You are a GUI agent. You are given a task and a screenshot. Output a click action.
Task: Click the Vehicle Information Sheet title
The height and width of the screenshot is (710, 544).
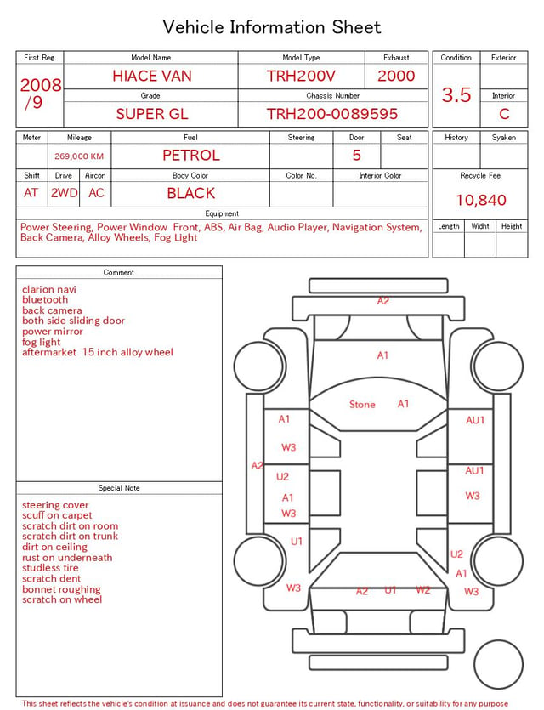click(x=271, y=27)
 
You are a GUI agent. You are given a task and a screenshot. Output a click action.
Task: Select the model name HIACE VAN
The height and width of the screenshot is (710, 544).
click(x=152, y=76)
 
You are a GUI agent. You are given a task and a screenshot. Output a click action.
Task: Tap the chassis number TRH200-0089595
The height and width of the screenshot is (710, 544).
click(x=332, y=114)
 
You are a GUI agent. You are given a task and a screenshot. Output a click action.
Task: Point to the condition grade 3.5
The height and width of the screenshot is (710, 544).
click(x=456, y=94)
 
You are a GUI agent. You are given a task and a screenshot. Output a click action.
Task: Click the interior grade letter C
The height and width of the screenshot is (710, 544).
click(x=504, y=114)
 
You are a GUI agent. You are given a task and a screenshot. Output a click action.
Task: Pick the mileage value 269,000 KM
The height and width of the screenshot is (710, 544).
click(x=79, y=156)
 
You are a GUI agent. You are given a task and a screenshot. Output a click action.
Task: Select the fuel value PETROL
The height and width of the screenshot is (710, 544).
click(x=191, y=156)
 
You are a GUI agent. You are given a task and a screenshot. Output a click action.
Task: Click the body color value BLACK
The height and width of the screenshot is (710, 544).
click(x=191, y=193)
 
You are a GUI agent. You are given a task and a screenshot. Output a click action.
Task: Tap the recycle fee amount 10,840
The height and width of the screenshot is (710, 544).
click(x=480, y=200)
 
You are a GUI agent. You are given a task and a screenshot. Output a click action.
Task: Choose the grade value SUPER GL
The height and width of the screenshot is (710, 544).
click(x=152, y=114)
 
